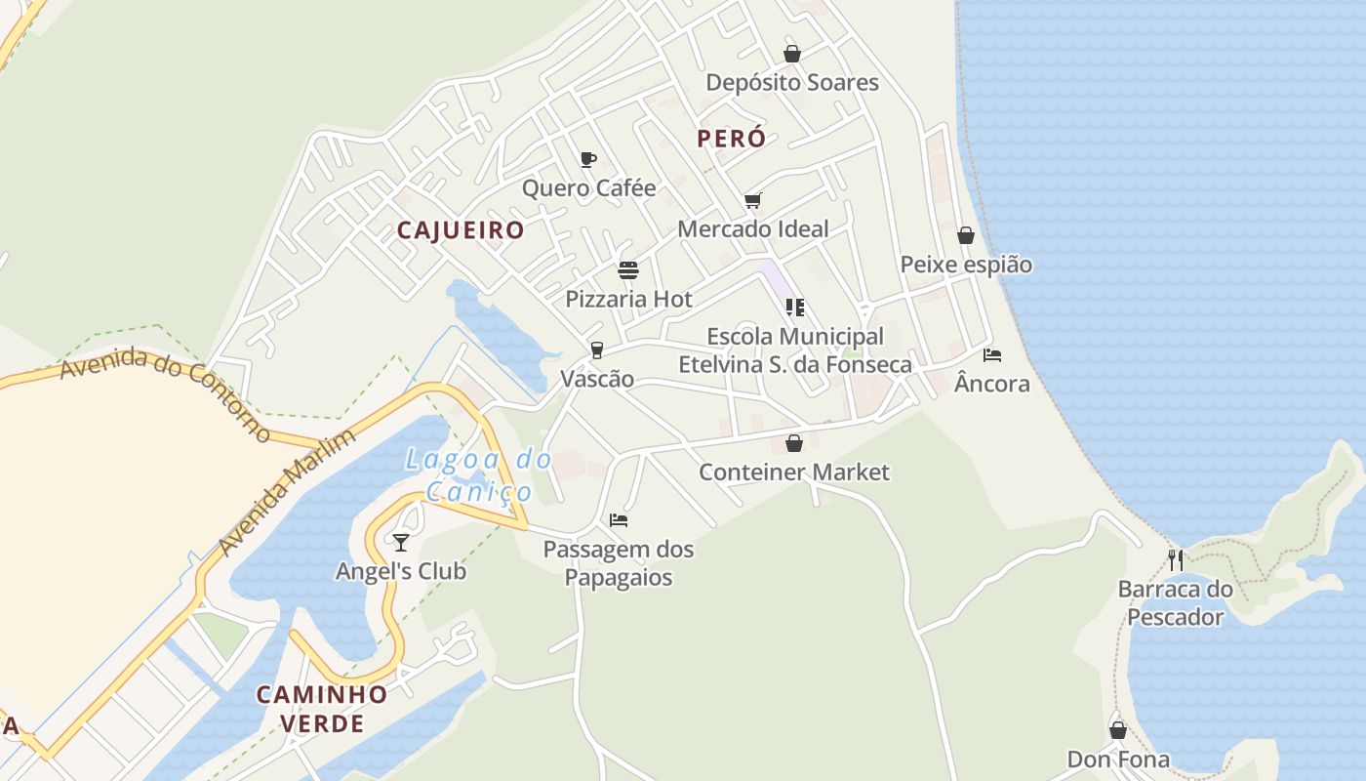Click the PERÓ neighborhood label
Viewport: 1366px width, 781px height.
pyautogui.click(x=731, y=139)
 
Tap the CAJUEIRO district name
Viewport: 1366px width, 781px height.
pyautogui.click(x=461, y=230)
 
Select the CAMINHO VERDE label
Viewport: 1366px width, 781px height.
pyautogui.click(x=322, y=709)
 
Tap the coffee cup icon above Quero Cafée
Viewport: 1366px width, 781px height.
pyautogui.click(x=588, y=159)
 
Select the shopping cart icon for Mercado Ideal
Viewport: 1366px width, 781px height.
pyautogui.click(x=752, y=201)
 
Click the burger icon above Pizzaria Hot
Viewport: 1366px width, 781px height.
pyautogui.click(x=628, y=270)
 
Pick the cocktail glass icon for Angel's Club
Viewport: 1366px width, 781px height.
pyautogui.click(x=400, y=542)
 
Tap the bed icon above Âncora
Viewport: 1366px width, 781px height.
pyautogui.click(x=992, y=355)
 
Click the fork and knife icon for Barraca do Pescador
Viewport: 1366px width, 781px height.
pyautogui.click(x=1176, y=560)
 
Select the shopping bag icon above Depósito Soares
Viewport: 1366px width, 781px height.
pyautogui.click(x=792, y=54)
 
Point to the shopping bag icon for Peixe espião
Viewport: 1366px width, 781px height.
pyautogui.click(x=966, y=235)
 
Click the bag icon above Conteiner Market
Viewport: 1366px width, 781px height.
pyautogui.click(x=794, y=443)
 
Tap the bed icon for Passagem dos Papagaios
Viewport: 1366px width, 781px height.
pyautogui.click(x=619, y=520)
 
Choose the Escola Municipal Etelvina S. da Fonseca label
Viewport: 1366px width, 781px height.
pyautogui.click(x=795, y=350)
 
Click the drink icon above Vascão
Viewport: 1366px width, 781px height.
pyautogui.click(x=597, y=350)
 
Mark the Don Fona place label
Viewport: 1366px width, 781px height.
pyautogui.click(x=1118, y=760)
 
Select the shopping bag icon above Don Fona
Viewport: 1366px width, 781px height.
pyautogui.click(x=1118, y=730)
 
